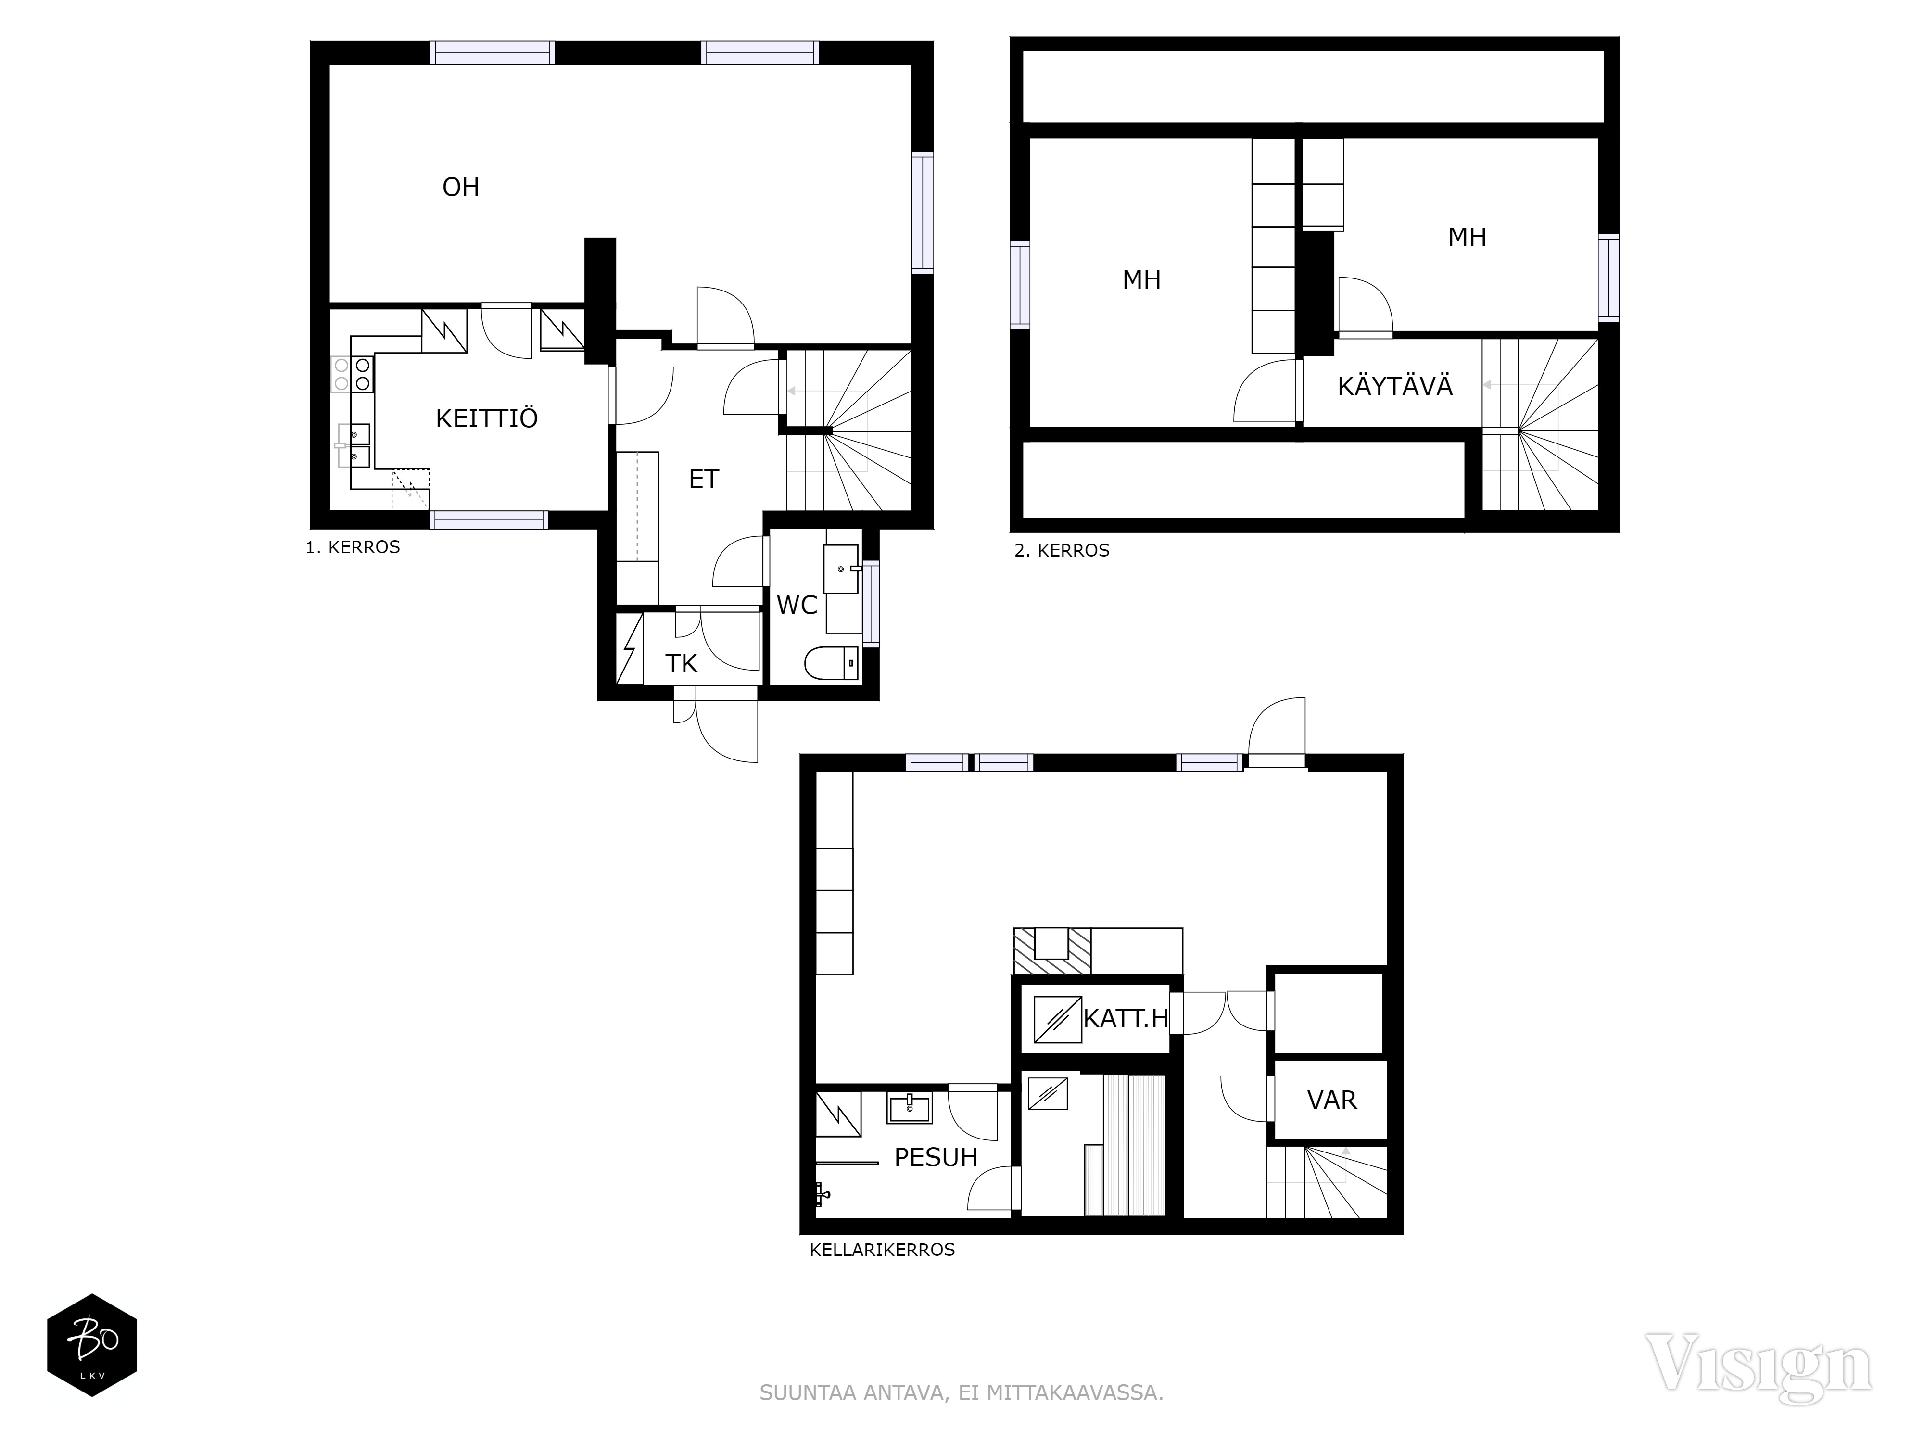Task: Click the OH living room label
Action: (x=460, y=187)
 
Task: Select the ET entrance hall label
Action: (x=704, y=479)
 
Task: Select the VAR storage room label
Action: (x=1332, y=1101)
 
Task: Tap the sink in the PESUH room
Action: (x=909, y=1108)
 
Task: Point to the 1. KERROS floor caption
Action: (x=352, y=547)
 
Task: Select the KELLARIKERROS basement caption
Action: (x=882, y=1250)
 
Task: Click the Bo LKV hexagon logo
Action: (x=92, y=1345)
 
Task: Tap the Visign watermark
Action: (x=1759, y=1364)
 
